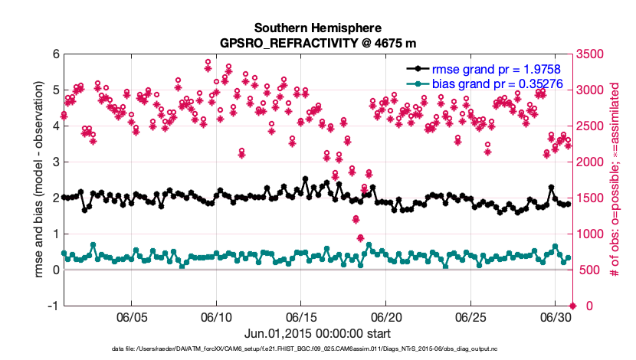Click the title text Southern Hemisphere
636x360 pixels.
(318, 27)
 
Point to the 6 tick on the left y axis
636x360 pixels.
(54, 54)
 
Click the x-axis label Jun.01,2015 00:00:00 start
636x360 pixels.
(318, 334)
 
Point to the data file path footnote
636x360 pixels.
(318, 349)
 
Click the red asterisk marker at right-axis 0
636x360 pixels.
(568, 306)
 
